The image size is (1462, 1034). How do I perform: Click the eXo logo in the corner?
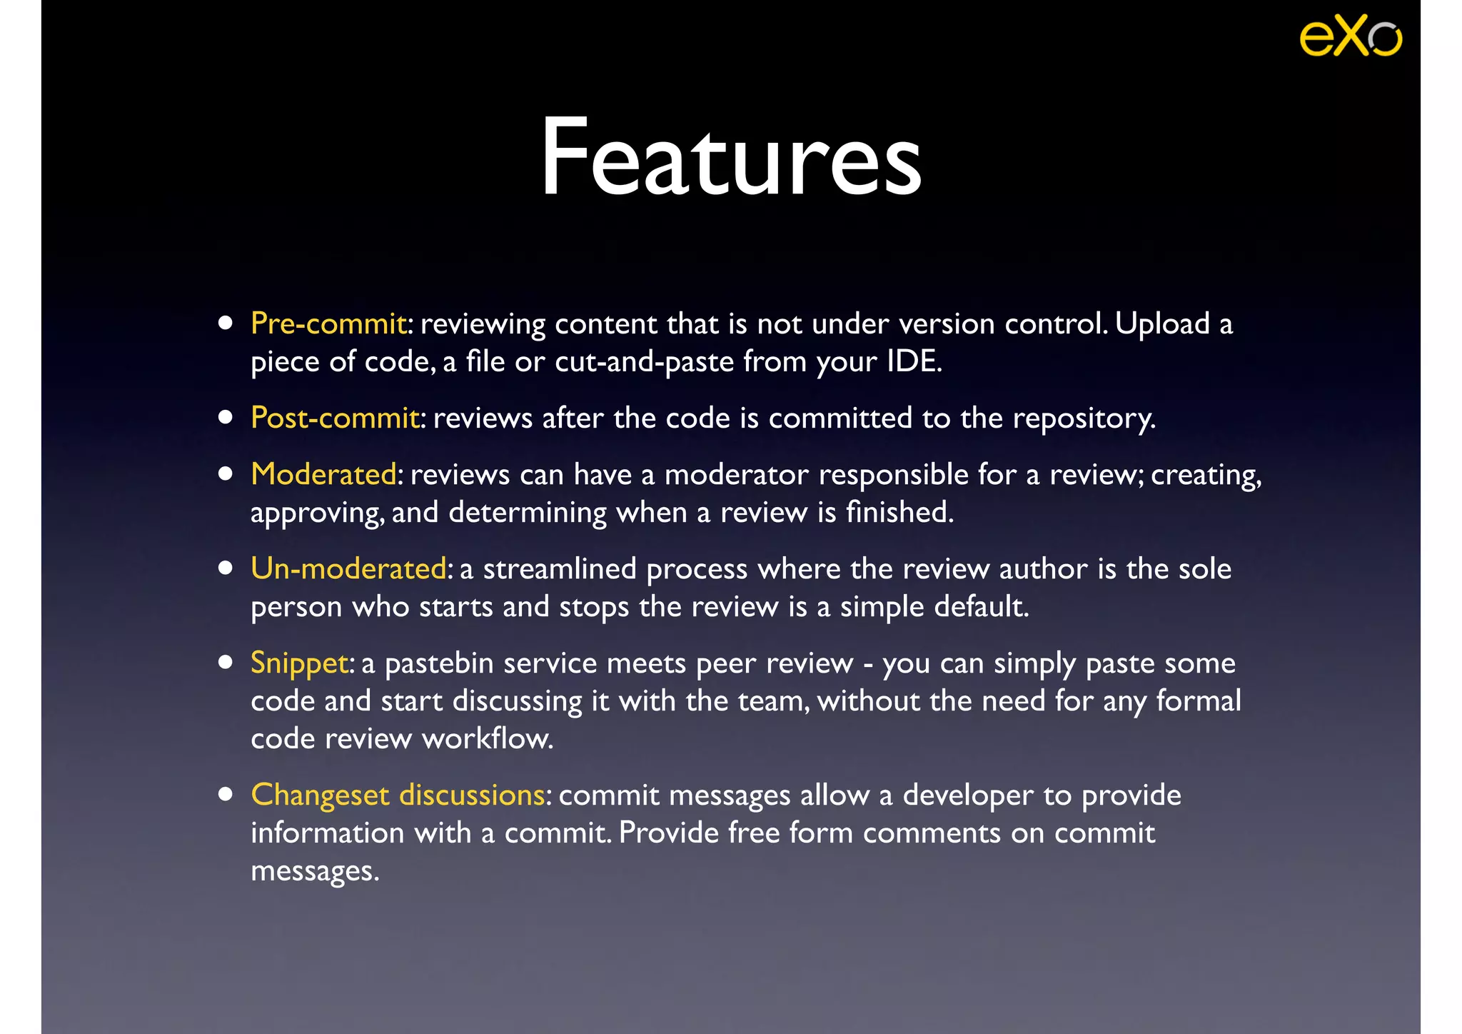click(x=1351, y=36)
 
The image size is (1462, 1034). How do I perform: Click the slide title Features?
click(x=731, y=157)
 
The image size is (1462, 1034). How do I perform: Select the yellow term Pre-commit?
click(x=328, y=324)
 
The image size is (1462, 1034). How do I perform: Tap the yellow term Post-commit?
click(x=335, y=418)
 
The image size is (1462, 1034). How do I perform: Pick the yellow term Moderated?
click(x=323, y=475)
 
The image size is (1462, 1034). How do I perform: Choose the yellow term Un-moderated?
click(x=348, y=569)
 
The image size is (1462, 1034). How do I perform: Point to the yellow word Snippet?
click(x=300, y=663)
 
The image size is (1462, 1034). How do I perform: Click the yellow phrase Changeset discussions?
click(x=398, y=795)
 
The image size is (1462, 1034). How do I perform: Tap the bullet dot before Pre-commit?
click(x=226, y=323)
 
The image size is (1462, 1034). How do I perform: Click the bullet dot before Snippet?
click(x=226, y=663)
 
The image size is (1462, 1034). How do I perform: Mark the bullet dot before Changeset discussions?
click(x=226, y=795)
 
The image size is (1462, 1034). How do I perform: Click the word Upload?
click(x=1162, y=324)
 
